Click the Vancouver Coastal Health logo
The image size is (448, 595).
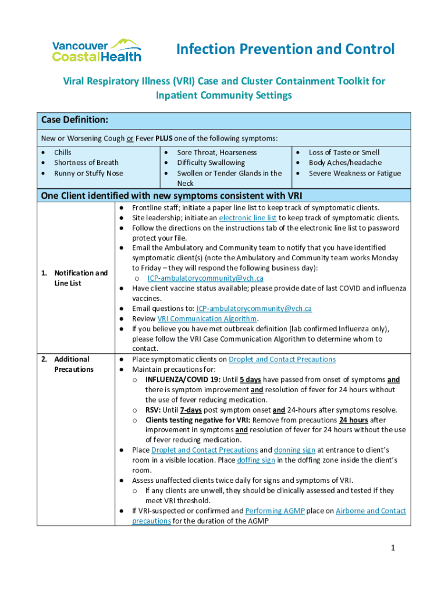(x=97, y=51)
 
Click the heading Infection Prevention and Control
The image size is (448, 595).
(x=285, y=49)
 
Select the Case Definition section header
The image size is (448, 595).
(x=74, y=120)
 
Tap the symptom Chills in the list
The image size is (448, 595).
(x=63, y=152)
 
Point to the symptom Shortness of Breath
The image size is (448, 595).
(x=86, y=163)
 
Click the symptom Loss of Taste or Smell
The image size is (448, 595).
(x=344, y=152)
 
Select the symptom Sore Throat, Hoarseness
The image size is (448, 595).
(x=216, y=152)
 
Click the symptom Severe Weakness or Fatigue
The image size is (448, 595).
(x=354, y=173)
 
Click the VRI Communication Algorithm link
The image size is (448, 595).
(x=207, y=318)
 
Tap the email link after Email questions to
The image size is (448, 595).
(x=254, y=309)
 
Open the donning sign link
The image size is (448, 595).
(x=295, y=450)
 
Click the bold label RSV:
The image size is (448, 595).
(x=153, y=410)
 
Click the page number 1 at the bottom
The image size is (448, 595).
(x=393, y=548)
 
